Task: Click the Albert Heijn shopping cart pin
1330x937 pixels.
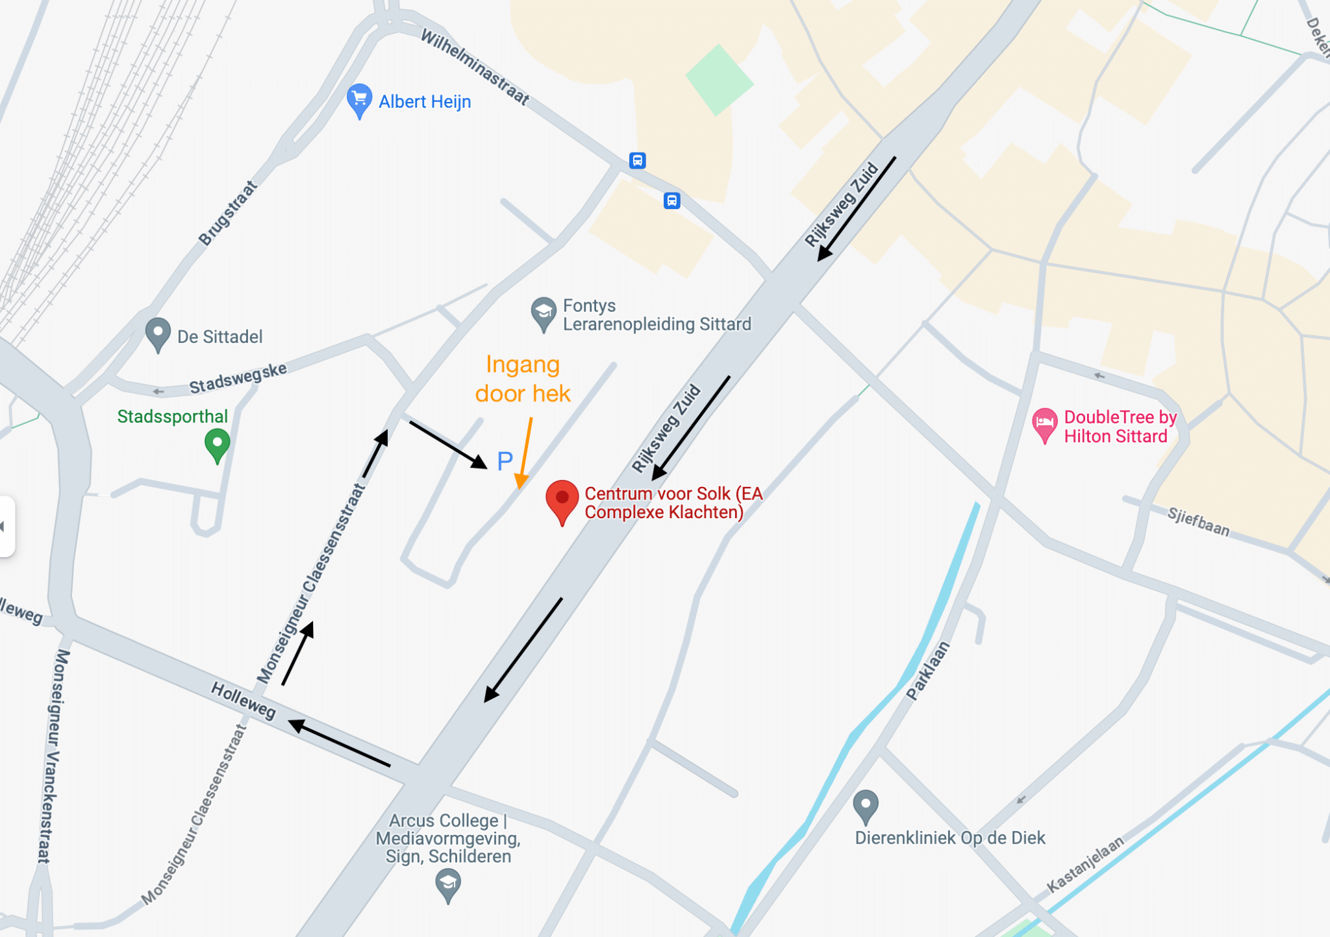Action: click(359, 100)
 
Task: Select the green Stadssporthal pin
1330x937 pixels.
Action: click(217, 445)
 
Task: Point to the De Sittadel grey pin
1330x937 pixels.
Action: click(158, 334)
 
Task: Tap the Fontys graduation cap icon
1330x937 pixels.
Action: click(544, 313)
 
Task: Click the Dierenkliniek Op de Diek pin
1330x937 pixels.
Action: click(865, 806)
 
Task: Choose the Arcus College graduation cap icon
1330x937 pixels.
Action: click(448, 884)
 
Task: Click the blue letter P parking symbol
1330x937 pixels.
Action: click(505, 461)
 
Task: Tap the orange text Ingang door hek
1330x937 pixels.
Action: click(523, 379)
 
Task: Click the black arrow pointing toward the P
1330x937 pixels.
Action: click(448, 445)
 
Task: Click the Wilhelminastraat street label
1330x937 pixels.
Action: click(475, 66)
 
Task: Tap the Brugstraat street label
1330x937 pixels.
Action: click(228, 213)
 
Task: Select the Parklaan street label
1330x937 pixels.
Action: click(928, 671)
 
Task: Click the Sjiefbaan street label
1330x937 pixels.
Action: click(1198, 522)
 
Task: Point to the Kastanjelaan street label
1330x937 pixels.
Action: click(1085, 864)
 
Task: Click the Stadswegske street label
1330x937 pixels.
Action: click(238, 379)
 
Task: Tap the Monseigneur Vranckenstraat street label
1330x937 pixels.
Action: click(53, 756)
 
